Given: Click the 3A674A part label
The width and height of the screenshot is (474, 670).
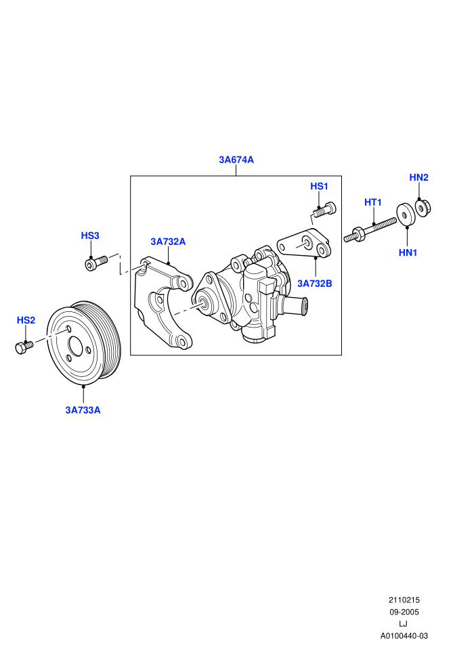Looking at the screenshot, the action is point(236,160).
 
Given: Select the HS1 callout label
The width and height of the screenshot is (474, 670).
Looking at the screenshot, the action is point(319,186).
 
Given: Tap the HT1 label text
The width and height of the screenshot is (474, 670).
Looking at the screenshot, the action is point(372,202).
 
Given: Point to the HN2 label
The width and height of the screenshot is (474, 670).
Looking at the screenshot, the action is point(419,177).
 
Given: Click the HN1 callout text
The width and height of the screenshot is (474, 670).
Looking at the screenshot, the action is point(408,252).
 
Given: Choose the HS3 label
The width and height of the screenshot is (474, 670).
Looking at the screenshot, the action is point(90,236).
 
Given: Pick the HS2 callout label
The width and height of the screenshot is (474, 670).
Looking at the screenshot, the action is point(26,320).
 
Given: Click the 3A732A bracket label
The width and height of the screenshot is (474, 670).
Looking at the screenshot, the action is point(168,242).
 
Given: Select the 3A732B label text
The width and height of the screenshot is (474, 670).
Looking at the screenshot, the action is point(315,284).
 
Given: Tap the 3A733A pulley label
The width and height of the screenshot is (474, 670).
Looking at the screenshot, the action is point(83,410).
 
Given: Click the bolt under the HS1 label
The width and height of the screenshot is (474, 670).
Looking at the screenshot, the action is point(324,210).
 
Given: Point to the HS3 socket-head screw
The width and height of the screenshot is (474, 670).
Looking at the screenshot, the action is point(97,263).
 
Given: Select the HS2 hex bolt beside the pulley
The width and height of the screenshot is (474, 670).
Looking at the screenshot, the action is point(24,347).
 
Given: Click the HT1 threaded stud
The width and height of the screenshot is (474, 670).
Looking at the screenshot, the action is point(370,229).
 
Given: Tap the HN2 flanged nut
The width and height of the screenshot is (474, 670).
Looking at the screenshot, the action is point(423,208).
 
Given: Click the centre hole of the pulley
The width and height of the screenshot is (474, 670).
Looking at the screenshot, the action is point(76,346).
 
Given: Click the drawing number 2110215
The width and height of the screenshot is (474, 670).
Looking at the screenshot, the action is point(404,600).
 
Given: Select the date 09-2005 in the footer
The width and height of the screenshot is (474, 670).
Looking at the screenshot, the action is point(404,612).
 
